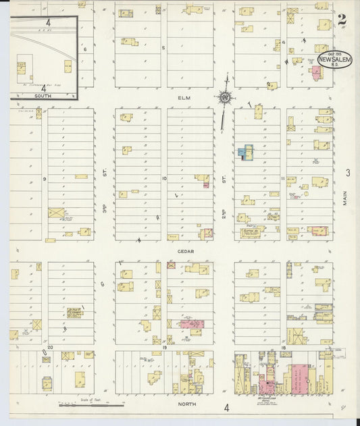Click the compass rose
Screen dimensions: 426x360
coord(224,99)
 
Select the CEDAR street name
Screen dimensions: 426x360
coord(186,251)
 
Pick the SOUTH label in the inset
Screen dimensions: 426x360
coord(42,97)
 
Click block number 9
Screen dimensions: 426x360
coord(45,179)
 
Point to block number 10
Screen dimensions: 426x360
coord(164,178)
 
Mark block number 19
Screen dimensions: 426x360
coord(164,346)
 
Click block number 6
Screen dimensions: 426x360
coord(85,49)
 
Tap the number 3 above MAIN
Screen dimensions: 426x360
coord(349,173)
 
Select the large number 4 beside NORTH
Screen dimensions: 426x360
coord(227,407)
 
